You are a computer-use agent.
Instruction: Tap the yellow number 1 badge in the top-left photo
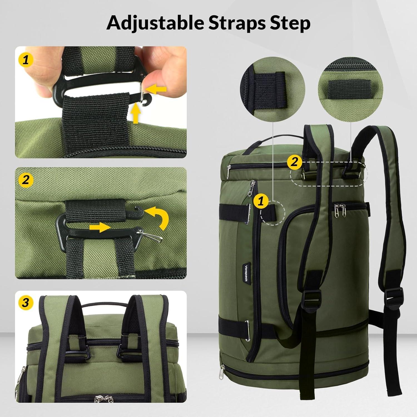(x=26, y=59)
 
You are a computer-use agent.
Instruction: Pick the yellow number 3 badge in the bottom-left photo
(x=26, y=302)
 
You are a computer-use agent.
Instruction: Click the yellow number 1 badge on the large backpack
(x=261, y=201)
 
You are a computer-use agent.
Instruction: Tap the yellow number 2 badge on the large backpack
(x=294, y=162)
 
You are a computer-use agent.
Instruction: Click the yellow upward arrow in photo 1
(x=136, y=113)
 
